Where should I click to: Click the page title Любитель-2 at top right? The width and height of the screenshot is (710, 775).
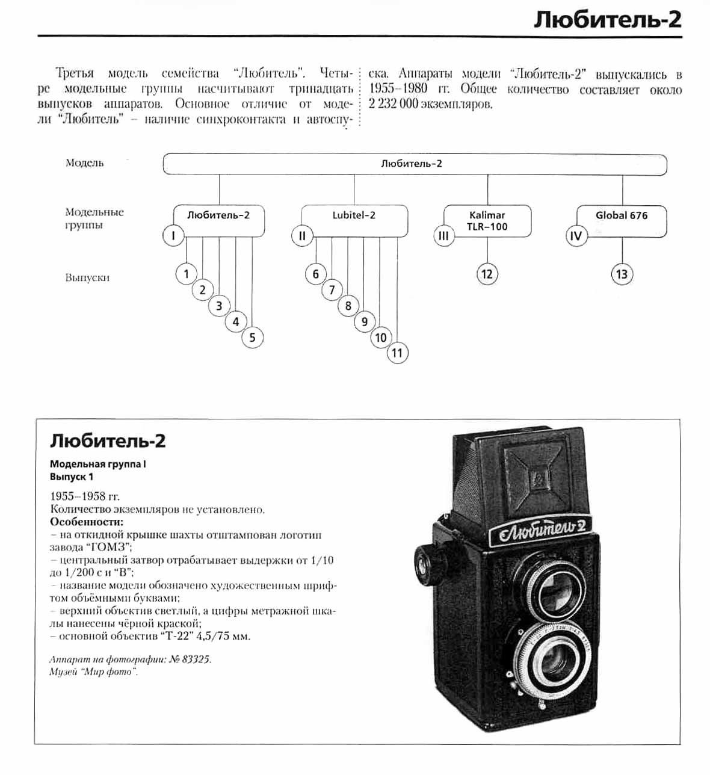point(608,20)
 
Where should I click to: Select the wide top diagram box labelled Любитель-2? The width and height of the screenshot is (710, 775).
point(415,164)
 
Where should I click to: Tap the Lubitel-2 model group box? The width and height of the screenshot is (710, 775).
point(354,220)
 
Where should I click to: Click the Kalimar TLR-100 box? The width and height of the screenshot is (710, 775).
point(487,221)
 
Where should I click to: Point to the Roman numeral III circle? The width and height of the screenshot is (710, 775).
point(443,236)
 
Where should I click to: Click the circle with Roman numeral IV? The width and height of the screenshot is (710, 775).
point(576,236)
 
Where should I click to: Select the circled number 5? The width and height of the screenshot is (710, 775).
point(252,338)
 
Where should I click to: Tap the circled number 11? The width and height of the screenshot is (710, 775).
point(397,353)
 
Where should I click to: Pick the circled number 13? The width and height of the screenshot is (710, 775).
point(622,274)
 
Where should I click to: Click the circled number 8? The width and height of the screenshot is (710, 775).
point(348,306)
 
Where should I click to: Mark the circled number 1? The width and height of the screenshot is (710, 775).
point(186,274)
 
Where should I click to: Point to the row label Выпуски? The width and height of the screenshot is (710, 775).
point(87,278)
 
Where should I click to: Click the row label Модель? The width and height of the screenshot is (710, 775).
point(84,162)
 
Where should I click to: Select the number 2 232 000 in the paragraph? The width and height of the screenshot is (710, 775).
point(393,104)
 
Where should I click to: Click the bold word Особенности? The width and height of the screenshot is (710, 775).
point(87,522)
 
